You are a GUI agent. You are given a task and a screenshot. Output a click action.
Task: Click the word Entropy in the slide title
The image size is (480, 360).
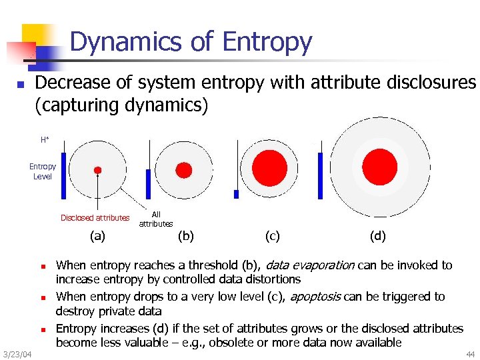267,42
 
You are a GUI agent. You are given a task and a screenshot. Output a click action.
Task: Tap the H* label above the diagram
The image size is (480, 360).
45,140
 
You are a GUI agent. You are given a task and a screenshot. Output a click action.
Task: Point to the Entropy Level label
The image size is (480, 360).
43,171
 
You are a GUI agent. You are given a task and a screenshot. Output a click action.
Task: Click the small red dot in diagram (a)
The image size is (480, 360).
97,170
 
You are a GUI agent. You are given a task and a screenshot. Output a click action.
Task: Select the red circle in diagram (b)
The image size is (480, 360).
183,169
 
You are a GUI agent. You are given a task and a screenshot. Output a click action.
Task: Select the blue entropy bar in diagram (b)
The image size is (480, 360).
149,183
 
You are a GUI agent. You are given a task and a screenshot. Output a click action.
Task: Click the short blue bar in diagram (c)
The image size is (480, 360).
236,194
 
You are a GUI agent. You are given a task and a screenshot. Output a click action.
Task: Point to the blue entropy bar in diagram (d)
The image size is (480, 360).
321,175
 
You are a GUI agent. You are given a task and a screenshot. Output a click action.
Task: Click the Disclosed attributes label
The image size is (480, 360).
95,218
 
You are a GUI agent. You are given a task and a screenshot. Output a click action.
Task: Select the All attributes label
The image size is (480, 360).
156,219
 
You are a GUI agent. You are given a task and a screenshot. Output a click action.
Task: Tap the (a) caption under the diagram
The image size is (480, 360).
97,235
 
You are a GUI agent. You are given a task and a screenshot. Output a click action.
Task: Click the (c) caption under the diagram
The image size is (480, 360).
272,235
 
